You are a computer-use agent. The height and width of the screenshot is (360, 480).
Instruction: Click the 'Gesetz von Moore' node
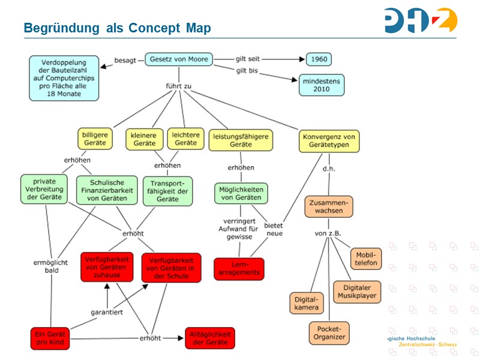178,59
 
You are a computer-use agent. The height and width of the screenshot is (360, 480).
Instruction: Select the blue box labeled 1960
319,59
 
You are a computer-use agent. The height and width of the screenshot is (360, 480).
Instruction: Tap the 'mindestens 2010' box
322,85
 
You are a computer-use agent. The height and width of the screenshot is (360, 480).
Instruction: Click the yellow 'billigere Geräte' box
95,139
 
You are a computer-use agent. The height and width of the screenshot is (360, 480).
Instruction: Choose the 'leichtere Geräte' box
185,139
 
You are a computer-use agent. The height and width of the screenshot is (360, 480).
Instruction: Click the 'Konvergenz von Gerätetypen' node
329,140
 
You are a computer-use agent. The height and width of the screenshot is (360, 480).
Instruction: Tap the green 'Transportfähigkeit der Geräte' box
167,190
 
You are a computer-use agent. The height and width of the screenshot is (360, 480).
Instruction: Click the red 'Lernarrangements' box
239,268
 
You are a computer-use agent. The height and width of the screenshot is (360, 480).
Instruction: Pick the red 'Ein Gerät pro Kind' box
51,338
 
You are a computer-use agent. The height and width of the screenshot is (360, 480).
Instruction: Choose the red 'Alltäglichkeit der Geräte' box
209,338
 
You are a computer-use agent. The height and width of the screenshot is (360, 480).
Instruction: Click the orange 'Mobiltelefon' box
365,259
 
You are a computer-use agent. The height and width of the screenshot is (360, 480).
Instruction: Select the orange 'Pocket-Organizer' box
329,332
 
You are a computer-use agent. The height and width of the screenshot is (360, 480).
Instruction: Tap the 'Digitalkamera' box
306,303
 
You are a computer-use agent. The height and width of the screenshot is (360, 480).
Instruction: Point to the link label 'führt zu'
178,86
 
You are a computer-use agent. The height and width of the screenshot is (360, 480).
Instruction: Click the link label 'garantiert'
107,313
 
